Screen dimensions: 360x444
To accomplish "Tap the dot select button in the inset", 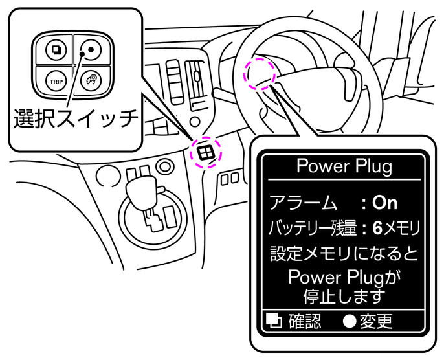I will [x=91, y=49].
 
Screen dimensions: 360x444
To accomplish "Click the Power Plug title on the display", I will [x=344, y=166].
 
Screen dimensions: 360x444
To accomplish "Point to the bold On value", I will [x=385, y=203].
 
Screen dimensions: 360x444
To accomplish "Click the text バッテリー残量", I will [x=312, y=227].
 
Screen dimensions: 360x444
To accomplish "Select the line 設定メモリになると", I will [x=344, y=253].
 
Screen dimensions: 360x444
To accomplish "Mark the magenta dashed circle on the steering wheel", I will [x=260, y=73].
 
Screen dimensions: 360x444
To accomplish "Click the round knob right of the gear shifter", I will [x=166, y=169].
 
